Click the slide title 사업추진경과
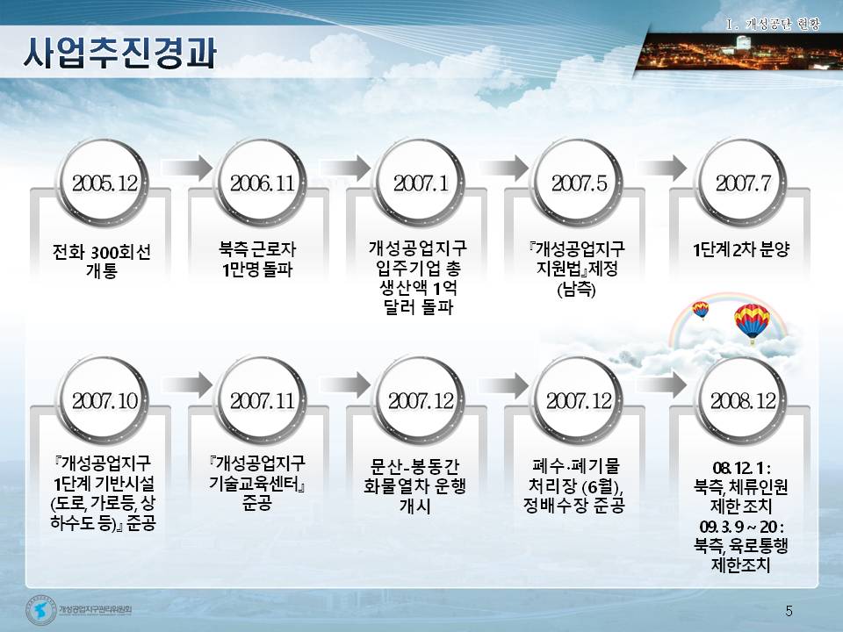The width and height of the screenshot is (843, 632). coord(119,54)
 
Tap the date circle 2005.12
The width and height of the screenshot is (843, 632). coord(104,183)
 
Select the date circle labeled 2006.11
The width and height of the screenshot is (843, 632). coord(263,183)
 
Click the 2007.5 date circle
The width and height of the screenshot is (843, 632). coord(579,183)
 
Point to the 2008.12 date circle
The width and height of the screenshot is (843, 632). coord(743,400)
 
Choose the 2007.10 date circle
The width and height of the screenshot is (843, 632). coord(104,400)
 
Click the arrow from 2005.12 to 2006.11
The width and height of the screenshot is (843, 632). coord(187,168)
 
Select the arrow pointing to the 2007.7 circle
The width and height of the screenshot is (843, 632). coord(662,168)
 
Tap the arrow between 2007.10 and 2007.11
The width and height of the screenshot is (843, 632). coord(187,384)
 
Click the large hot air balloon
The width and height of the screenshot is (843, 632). coord(752,321)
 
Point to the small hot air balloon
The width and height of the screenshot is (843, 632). coord(701,310)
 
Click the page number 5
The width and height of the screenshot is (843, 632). coord(789,611)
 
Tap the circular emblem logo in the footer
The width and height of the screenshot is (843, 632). coord(41,610)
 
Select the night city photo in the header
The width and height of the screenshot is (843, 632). coord(739,52)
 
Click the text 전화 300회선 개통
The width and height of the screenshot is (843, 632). coord(102,260)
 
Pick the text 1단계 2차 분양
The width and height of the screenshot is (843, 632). coord(741,249)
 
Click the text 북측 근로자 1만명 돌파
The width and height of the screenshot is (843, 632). coord(257,259)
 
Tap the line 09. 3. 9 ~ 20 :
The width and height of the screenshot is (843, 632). coord(741,526)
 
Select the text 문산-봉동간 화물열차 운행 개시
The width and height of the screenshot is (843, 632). coord(414,485)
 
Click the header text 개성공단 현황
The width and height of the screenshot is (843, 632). coord(782,25)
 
